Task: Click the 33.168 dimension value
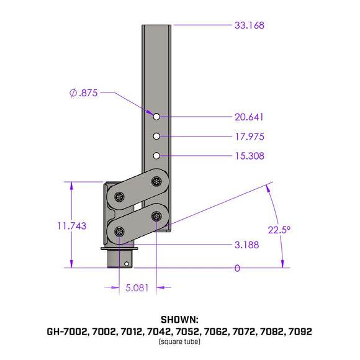click(x=250, y=25)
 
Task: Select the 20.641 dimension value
click(x=250, y=117)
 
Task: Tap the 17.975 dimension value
click(x=250, y=137)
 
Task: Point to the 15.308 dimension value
click(x=250, y=156)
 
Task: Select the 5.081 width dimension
click(x=137, y=288)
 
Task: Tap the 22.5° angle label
click(x=279, y=230)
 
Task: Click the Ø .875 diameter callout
click(x=83, y=93)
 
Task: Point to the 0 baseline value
click(x=236, y=268)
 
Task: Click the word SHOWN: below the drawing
click(x=179, y=320)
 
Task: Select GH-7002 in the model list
click(x=67, y=331)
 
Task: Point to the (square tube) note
click(x=179, y=342)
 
